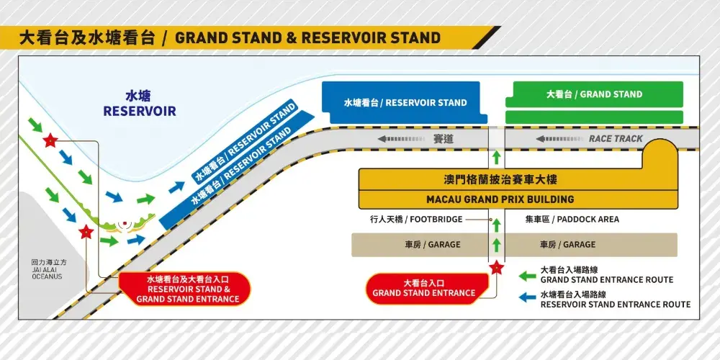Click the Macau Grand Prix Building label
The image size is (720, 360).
(518, 199)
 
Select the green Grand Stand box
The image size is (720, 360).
(594, 94)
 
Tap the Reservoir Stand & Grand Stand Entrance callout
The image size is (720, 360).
(187, 289)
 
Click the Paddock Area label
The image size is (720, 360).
(572, 220)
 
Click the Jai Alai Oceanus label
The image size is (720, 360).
(48, 270)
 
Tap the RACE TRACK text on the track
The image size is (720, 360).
(616, 139)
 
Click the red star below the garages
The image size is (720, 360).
(495, 269)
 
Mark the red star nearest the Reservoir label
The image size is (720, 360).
(50, 140)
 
